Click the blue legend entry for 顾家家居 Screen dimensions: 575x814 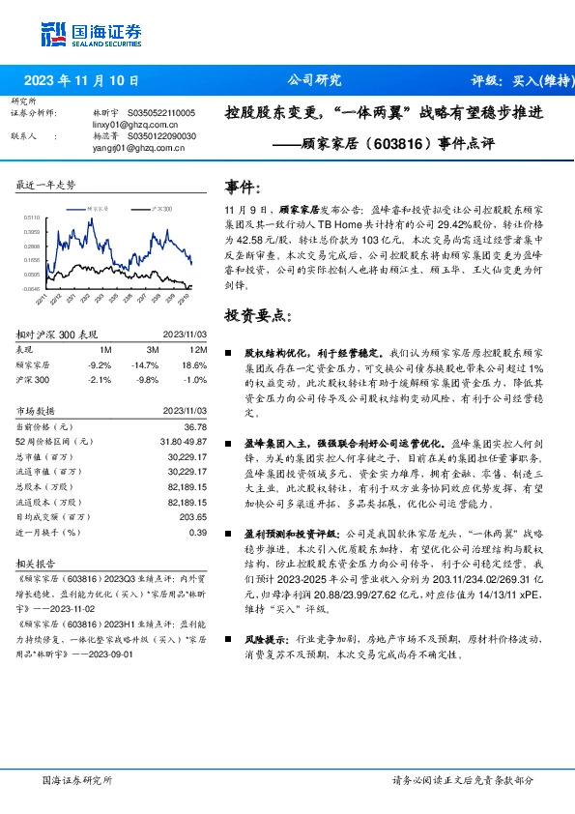pyautogui.click(x=95, y=208)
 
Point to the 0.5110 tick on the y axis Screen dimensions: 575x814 pyautogui.click(x=32, y=218)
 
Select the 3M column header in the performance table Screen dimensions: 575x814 pyautogui.click(x=152, y=349)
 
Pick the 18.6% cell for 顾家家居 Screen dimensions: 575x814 pyautogui.click(x=193, y=364)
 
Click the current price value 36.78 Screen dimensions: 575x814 pyautogui.click(x=194, y=426)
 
